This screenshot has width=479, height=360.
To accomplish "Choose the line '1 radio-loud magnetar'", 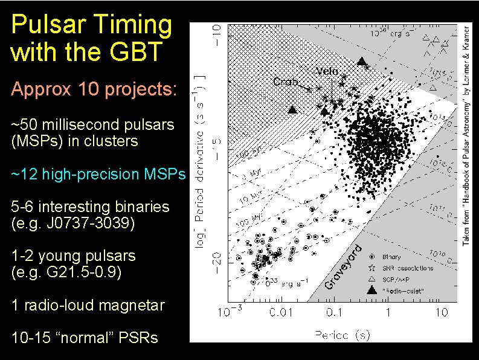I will coord(88,305).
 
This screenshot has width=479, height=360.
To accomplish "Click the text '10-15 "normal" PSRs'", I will coord(85,338).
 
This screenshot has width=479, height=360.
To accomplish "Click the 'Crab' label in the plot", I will coord(285,81).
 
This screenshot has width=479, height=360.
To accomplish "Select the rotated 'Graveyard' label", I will coord(343,265).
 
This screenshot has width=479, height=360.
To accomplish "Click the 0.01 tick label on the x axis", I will coord(281,312).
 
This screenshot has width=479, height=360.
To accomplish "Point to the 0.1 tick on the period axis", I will coord(333,312).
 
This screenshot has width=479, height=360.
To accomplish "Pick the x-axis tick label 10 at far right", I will coord(442,312).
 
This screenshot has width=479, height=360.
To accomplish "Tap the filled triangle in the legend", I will coord(373,291).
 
